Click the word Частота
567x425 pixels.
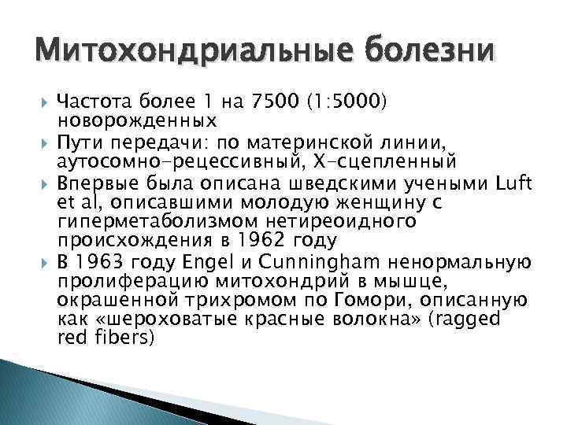point(92,102)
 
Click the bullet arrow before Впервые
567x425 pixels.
point(45,183)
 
